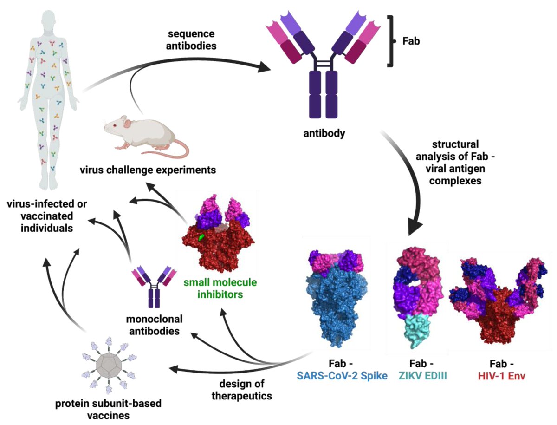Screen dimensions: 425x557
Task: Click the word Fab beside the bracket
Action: coord(410,41)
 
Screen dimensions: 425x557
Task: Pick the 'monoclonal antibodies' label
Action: coord(154,326)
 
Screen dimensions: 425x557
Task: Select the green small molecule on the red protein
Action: coord(201,237)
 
